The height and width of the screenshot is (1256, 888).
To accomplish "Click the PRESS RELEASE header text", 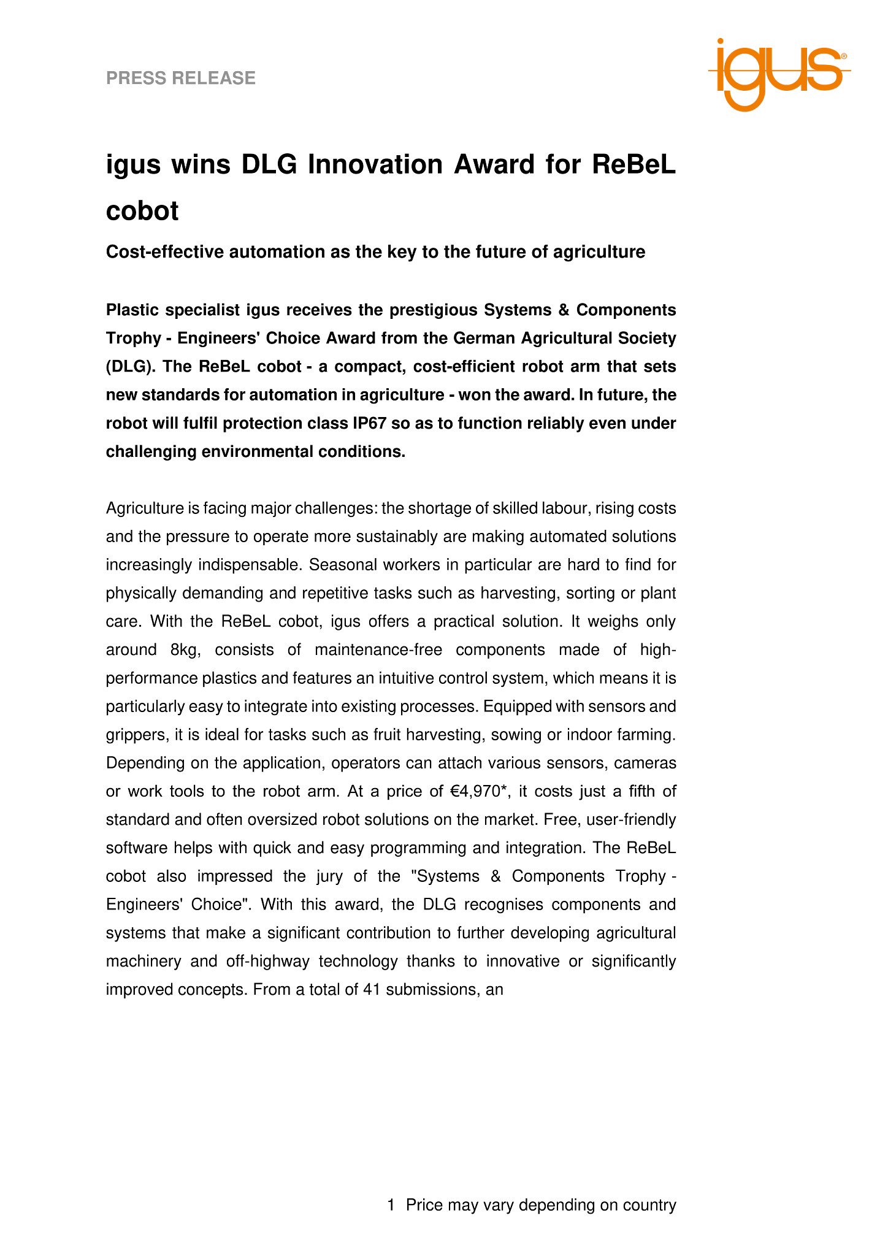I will (181, 78).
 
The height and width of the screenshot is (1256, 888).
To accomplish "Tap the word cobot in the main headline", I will (142, 211).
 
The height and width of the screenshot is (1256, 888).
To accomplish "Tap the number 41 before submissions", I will (372, 989).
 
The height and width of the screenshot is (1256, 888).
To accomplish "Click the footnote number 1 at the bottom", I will (391, 1205).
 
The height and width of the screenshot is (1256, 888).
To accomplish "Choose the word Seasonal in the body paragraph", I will (339, 565).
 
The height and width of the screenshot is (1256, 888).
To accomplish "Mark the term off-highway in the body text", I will (267, 961).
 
